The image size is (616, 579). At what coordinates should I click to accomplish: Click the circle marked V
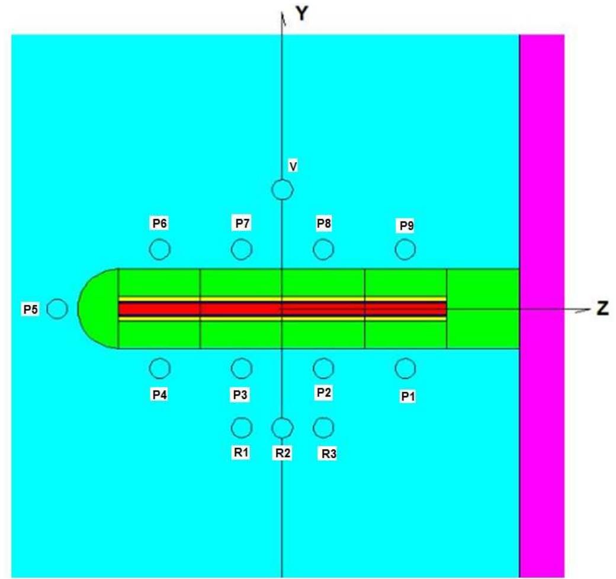pyautogui.click(x=282, y=179)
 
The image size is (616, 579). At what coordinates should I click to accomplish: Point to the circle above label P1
pyautogui.click(x=405, y=358)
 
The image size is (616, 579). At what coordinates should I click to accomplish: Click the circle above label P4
pyautogui.click(x=160, y=358)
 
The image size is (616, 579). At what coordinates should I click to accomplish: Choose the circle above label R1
pyautogui.click(x=242, y=417)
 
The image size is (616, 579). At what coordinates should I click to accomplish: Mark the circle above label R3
pyautogui.click(x=323, y=417)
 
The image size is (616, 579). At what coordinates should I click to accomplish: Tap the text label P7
pyautogui.click(x=242, y=223)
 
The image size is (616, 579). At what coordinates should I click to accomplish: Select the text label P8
pyautogui.click(x=324, y=223)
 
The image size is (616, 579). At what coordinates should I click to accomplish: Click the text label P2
pyautogui.click(x=324, y=393)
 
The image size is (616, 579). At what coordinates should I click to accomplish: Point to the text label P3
pyautogui.click(x=240, y=394)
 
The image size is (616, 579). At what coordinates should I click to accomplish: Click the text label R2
pyautogui.click(x=283, y=453)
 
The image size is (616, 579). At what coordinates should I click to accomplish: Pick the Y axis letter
pyautogui.click(x=301, y=14)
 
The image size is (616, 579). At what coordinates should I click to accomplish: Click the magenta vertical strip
pyautogui.click(x=542, y=306)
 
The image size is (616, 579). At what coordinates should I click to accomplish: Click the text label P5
pyautogui.click(x=31, y=310)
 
